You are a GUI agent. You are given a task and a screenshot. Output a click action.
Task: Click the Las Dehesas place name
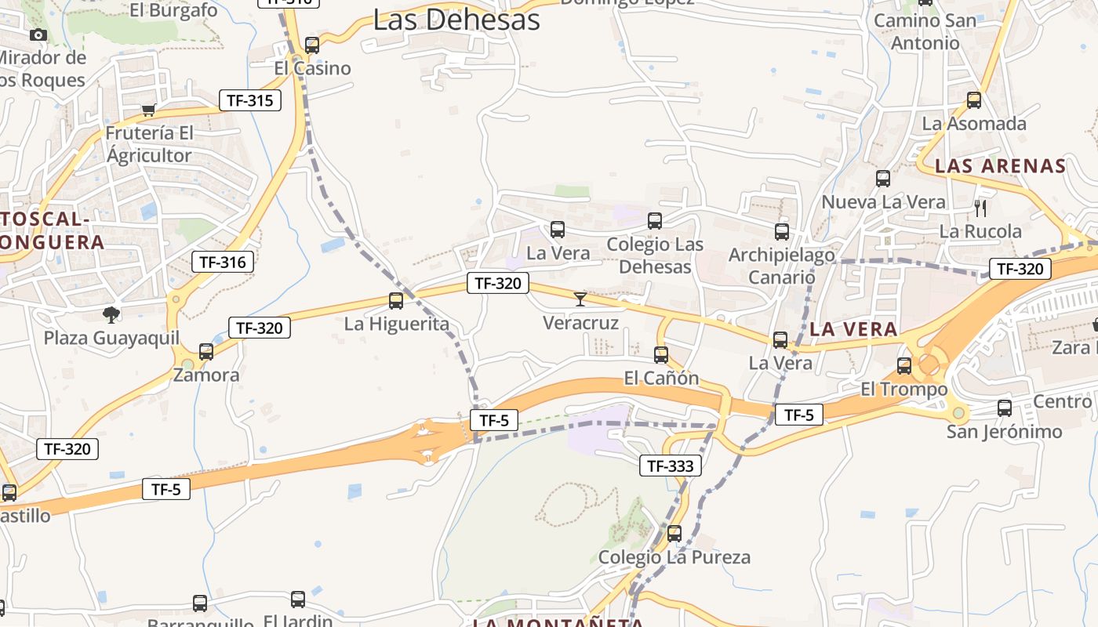pyautogui.click(x=456, y=20)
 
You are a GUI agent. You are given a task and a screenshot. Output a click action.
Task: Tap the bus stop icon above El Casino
pyautogui.click(x=312, y=45)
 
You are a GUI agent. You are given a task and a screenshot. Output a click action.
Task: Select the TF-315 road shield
pyautogui.click(x=249, y=100)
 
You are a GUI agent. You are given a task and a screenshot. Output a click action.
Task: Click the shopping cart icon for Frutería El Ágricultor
pyautogui.click(x=148, y=110)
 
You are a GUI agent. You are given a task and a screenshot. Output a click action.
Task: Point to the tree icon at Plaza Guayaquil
pyautogui.click(x=111, y=315)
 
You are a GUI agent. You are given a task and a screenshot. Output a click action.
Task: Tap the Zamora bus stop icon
pyautogui.click(x=206, y=352)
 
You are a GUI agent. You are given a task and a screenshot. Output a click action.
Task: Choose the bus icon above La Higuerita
pyautogui.click(x=396, y=301)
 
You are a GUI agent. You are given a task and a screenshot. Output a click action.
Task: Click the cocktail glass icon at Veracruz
pyautogui.click(x=580, y=299)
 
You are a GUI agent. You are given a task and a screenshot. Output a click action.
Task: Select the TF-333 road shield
pyautogui.click(x=670, y=466)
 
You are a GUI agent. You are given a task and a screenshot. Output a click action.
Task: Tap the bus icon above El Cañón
pyautogui.click(x=661, y=355)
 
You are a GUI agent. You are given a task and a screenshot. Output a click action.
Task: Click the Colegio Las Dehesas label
pyautogui.click(x=655, y=256)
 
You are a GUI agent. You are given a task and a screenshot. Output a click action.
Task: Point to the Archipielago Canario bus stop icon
pyautogui.click(x=782, y=232)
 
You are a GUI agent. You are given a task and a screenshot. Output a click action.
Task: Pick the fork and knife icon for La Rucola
pyautogui.click(x=980, y=208)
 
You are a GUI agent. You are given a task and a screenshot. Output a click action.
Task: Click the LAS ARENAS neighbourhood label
pyautogui.click(x=1001, y=166)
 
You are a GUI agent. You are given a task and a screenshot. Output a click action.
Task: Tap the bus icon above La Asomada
pyautogui.click(x=974, y=100)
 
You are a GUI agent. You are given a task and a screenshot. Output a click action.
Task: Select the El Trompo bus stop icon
pyautogui.click(x=904, y=365)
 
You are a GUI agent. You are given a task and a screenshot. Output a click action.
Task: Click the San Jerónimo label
pyautogui.click(x=1004, y=432)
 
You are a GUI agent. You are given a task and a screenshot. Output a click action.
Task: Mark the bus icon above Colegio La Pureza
pyautogui.click(x=674, y=535)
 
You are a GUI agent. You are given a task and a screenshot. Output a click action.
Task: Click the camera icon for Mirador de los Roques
pyautogui.click(x=38, y=34)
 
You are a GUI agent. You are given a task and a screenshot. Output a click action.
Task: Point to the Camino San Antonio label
pyautogui.click(x=925, y=31)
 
